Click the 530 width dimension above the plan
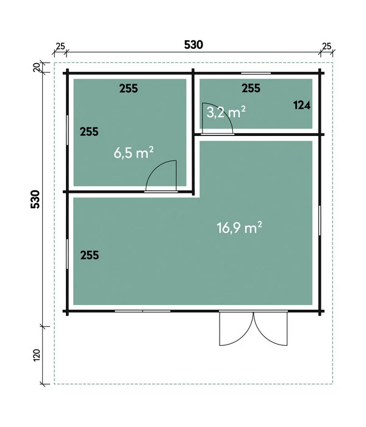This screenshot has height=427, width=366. click(x=193, y=45)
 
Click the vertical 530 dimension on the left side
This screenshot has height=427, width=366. click(x=35, y=199)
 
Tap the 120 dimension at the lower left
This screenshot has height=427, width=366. click(x=37, y=355)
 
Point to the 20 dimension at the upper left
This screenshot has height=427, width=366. click(x=36, y=67)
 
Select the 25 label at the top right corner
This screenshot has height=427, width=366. click(x=326, y=46)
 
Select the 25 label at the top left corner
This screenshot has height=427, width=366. click(x=60, y=46)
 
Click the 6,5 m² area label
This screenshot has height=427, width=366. click(x=134, y=152)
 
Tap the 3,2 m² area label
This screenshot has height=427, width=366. click(x=226, y=112)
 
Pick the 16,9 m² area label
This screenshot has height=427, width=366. click(x=239, y=228)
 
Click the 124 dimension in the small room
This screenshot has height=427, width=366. click(x=302, y=105)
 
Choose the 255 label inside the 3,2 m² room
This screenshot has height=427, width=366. click(x=251, y=88)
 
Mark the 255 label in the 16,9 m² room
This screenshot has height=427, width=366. click(x=90, y=256)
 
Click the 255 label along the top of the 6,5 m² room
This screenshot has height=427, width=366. click(x=129, y=88)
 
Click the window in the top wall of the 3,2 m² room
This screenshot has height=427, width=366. click(x=256, y=73)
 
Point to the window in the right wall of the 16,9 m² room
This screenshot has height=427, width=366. click(x=320, y=221)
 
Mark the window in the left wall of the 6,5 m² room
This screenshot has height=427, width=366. click(x=67, y=130)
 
